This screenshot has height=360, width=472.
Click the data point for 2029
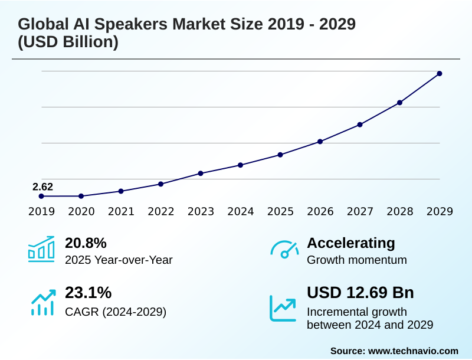[x=440, y=74]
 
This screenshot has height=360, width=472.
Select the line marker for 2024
[x=241, y=165]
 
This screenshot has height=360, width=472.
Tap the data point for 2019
[x=41, y=196]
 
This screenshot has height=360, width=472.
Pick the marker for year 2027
[x=360, y=125]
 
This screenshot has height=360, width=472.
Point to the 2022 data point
[x=161, y=184]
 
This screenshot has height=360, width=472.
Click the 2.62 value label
[x=42, y=187]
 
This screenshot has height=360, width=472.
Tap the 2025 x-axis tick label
[x=280, y=212]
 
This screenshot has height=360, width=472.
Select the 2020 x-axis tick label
[x=81, y=212]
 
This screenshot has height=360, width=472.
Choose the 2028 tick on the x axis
[x=400, y=212]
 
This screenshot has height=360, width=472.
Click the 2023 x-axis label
[x=201, y=212]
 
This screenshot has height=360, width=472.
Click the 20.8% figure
[x=86, y=243]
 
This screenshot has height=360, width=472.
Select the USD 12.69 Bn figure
[x=360, y=293]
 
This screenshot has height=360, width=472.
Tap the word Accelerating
[x=351, y=243]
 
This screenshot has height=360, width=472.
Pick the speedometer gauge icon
[x=284, y=249]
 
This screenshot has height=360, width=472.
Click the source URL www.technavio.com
[x=413, y=351]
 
